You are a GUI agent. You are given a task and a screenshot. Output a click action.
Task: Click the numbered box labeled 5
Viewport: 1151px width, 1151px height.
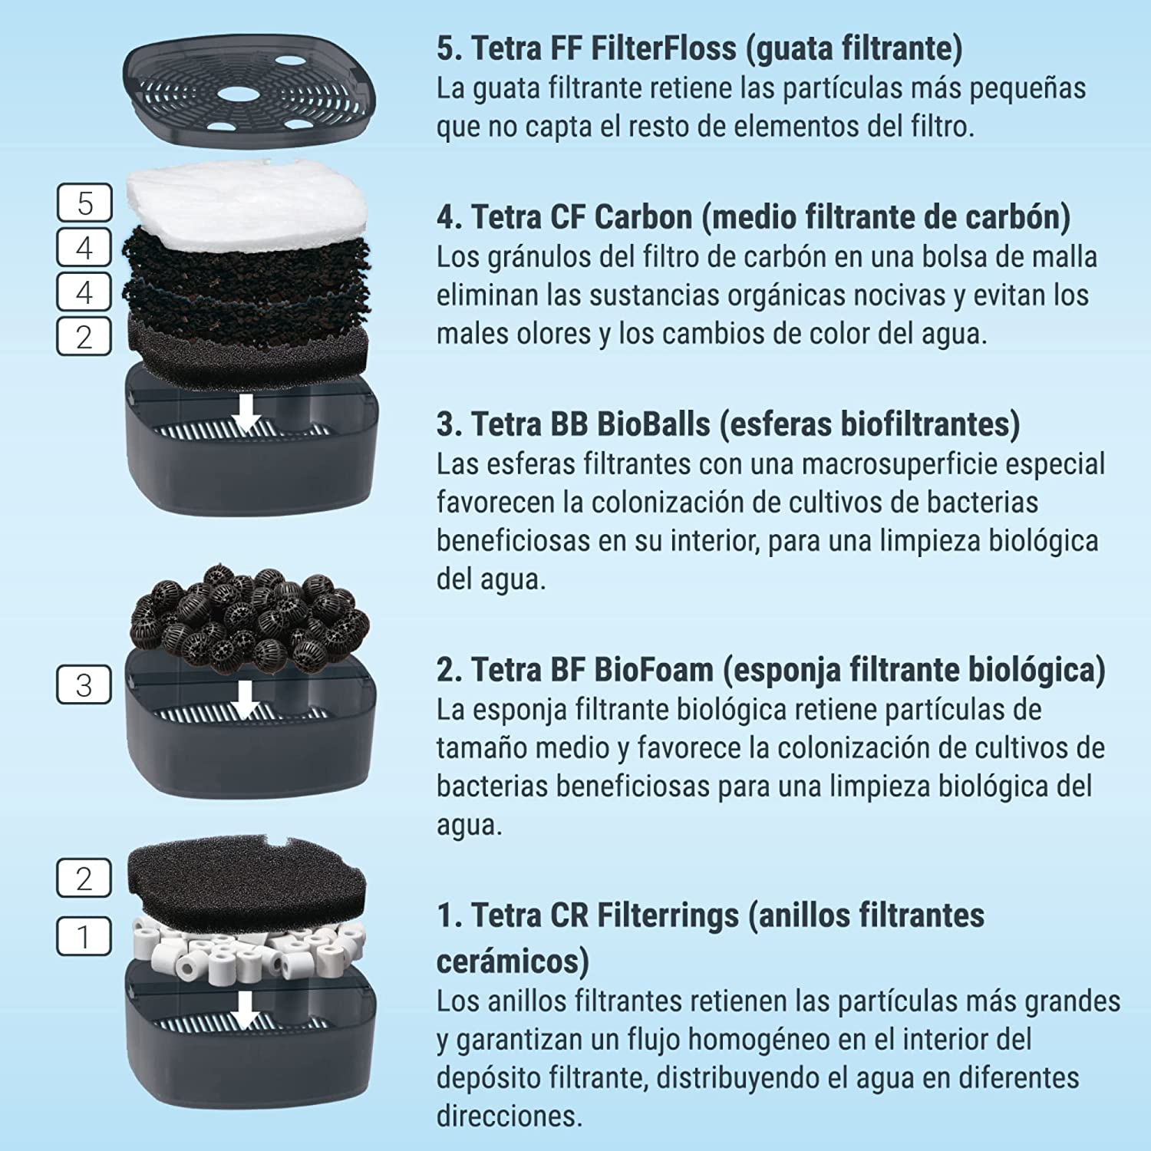tap(84, 203)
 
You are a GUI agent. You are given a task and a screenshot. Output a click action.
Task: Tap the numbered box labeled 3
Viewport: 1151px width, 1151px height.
tap(84, 684)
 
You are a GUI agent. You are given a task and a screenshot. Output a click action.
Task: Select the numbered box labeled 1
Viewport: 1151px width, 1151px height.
tap(84, 936)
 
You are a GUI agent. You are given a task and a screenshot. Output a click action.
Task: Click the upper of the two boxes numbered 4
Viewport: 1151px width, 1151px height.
tap(84, 248)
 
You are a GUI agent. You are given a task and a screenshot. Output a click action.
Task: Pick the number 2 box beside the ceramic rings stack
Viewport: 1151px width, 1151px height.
tap(84, 878)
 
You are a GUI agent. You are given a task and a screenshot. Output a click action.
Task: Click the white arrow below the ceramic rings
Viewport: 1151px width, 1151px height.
tap(246, 1010)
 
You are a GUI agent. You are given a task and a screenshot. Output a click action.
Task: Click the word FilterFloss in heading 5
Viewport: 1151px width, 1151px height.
tap(663, 48)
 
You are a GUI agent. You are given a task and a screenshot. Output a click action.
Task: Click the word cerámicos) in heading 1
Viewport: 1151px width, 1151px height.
tap(513, 961)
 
